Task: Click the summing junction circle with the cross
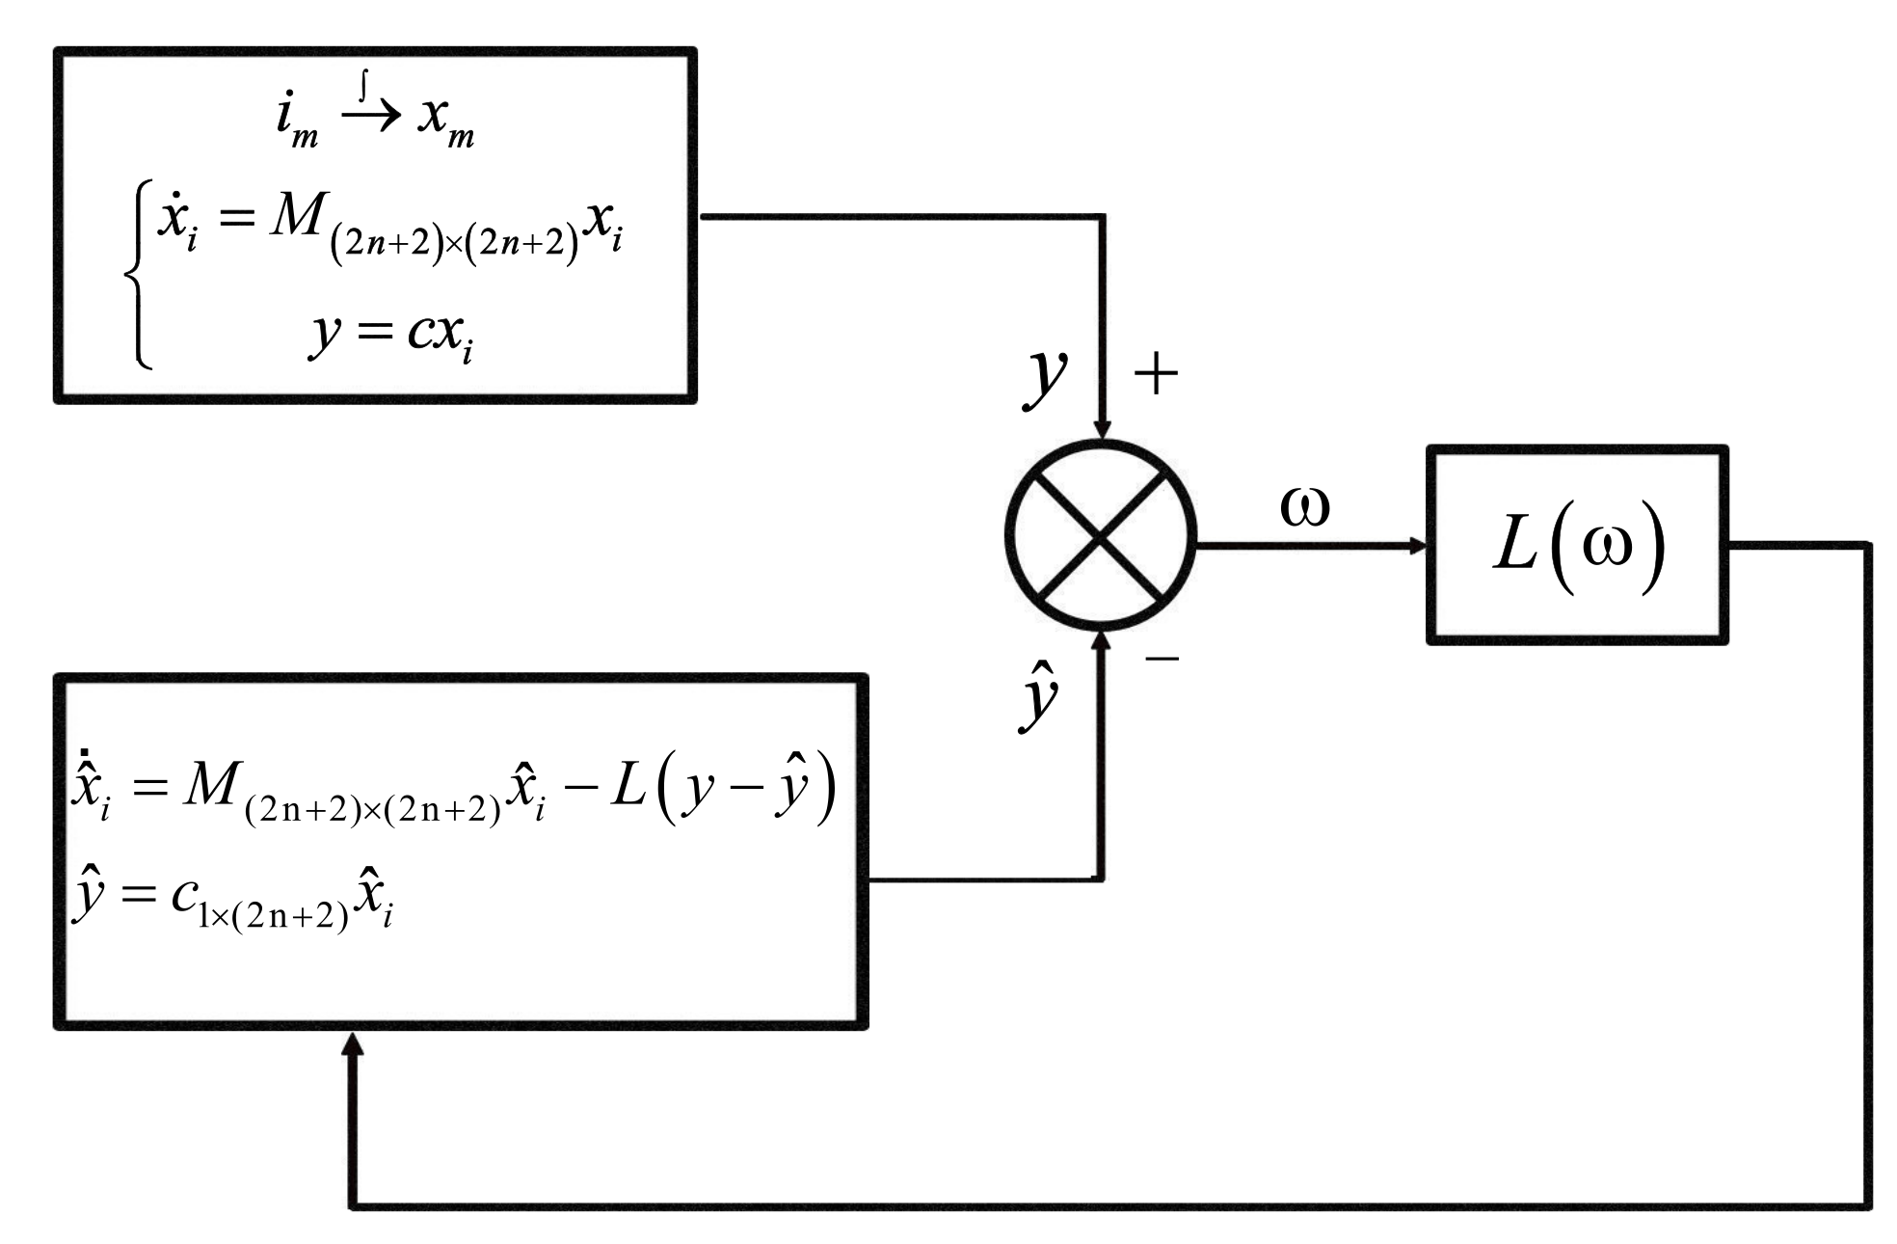[1101, 536]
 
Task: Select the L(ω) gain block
[1577, 545]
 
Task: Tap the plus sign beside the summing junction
[1157, 374]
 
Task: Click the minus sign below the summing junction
[1162, 659]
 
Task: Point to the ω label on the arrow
[1305, 506]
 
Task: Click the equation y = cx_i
[390, 335]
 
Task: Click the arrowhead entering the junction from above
[1103, 430]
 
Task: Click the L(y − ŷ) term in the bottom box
[723, 789]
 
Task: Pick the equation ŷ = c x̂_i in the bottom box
[231, 897]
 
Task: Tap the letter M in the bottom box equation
[210, 785]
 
